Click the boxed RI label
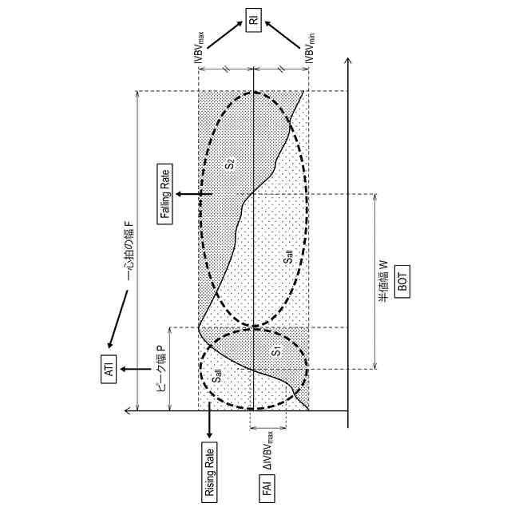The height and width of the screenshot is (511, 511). coord(253,20)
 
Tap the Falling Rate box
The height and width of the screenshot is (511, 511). coord(165,194)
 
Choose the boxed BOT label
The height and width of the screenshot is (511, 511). coord(402,281)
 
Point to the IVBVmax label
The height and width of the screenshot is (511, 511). coord(199,48)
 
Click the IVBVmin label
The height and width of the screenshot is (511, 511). coord(309,48)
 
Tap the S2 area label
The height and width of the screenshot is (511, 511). coord(231,164)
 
